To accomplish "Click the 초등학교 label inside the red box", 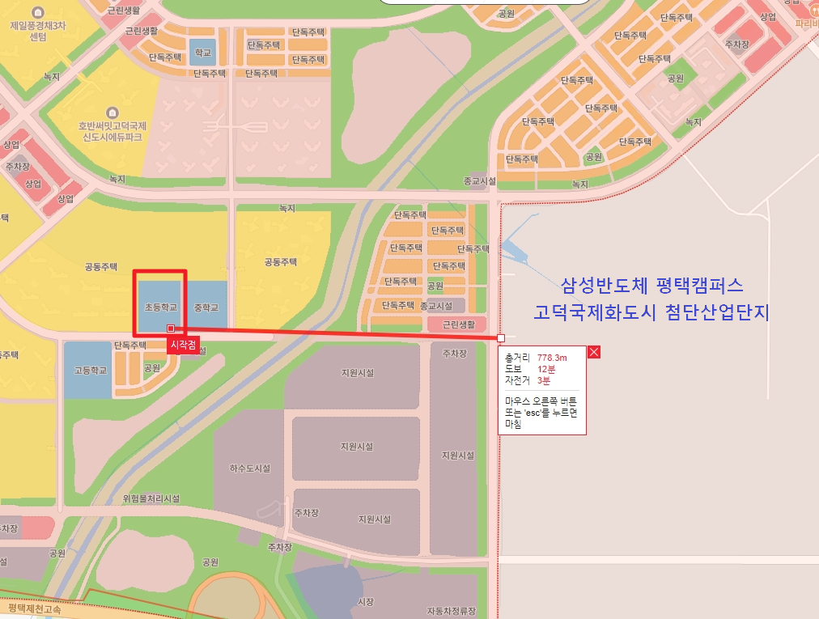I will pyautogui.click(x=160, y=307).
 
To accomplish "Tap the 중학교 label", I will pyautogui.click(x=206, y=307).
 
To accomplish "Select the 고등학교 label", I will pyautogui.click(x=91, y=371).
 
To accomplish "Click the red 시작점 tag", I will pyautogui.click(x=182, y=345).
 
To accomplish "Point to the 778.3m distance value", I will pyautogui.click(x=552, y=357).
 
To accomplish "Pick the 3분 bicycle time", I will pyautogui.click(x=543, y=379).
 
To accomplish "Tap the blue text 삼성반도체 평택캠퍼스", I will pyautogui.click(x=651, y=286).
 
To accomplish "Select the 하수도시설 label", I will pyautogui.click(x=249, y=468).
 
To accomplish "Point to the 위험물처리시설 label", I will pyautogui.click(x=151, y=498).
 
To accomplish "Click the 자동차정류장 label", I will pyautogui.click(x=452, y=610).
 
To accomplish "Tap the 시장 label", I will pyautogui.click(x=366, y=601).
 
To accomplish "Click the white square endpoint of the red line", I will pyautogui.click(x=501, y=337).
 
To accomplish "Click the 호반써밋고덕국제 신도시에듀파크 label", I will pyautogui.click(x=112, y=131).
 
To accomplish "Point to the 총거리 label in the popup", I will pyautogui.click(x=516, y=357).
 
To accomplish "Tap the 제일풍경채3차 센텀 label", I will pyautogui.click(x=37, y=31).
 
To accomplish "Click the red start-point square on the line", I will pyautogui.click(x=170, y=328).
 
